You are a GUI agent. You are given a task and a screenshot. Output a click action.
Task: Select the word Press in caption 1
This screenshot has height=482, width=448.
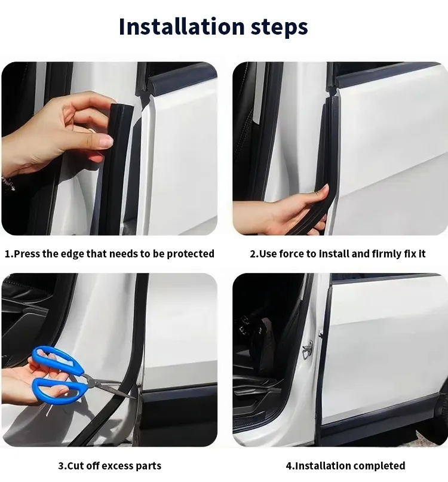coord(26,254)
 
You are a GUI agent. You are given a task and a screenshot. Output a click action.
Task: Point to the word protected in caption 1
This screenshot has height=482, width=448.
coord(190,254)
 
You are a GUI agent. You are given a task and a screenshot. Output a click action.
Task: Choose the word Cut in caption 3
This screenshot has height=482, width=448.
coord(75,466)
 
